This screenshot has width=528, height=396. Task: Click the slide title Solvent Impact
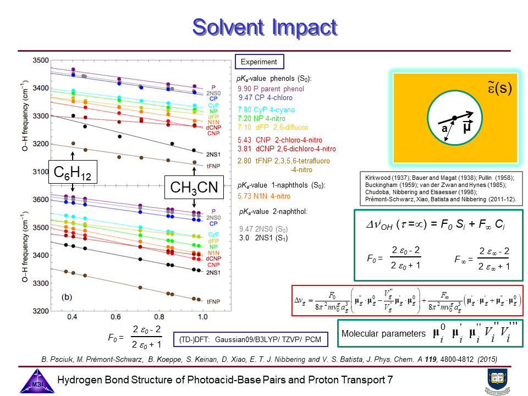pyautogui.click(x=264, y=26)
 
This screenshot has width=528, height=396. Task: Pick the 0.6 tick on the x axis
pyautogui.click(x=116, y=317)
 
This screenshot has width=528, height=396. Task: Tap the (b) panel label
pyautogui.click(x=67, y=298)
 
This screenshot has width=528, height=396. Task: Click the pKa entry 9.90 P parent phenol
pyautogui.click(x=271, y=89)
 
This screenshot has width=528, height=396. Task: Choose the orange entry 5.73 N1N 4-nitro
pyautogui.click(x=264, y=196)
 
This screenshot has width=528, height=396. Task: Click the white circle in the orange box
pyautogui.click(x=454, y=118)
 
